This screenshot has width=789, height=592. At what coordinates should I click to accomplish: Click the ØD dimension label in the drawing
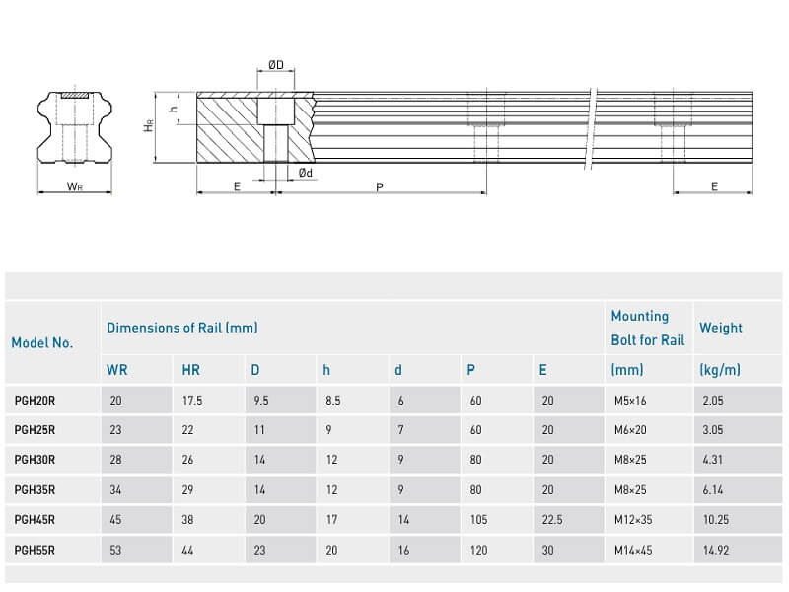[x=276, y=65]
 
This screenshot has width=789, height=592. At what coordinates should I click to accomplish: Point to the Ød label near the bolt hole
[x=307, y=173]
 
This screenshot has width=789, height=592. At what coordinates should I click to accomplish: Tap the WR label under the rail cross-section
[x=73, y=185]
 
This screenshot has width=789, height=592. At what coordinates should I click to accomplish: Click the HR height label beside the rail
[x=148, y=127]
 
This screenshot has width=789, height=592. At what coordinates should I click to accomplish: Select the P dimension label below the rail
[x=380, y=186]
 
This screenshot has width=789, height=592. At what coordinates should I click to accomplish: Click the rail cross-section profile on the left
[x=73, y=129]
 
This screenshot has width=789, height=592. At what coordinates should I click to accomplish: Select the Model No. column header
[x=41, y=343]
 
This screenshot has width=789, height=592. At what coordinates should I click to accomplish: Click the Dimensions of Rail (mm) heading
[x=182, y=327]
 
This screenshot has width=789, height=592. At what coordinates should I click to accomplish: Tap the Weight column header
[x=720, y=328]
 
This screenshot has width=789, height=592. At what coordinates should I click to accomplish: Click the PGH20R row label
[x=35, y=402]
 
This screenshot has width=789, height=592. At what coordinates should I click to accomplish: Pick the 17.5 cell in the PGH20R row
[x=192, y=402]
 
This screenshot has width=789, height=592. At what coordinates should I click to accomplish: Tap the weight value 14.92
[x=715, y=551]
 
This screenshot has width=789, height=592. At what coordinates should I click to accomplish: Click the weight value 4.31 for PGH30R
[x=712, y=459]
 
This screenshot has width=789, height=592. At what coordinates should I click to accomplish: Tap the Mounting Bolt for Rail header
[x=647, y=328]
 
